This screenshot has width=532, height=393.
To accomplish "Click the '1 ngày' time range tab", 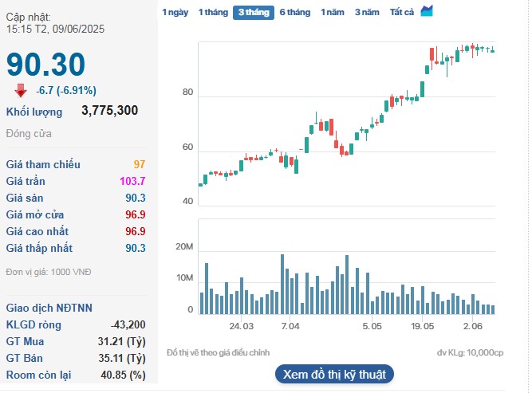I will pos(175,12).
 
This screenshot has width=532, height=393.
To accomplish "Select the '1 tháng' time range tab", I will pos(212,12).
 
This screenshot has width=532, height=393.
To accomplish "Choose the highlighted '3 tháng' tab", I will pos(254,12).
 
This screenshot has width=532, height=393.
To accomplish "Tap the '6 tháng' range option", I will pos(294,12).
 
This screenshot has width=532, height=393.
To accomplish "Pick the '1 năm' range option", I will pos(333,12).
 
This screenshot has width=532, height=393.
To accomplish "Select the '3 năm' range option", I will pos(367,12).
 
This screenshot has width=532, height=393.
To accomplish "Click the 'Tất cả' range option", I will pos(402,12).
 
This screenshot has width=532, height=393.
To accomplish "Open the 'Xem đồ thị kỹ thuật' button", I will pos(334,374).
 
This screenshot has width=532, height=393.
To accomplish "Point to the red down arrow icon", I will pos(21,90).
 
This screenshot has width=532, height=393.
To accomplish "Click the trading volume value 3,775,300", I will pos(109,111).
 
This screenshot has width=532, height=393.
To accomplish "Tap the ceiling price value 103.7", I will pos(132,181).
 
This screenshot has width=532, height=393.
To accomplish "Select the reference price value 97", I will pos(140,164).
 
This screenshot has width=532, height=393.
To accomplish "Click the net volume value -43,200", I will pos(128,324).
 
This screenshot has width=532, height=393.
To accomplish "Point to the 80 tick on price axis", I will pos(188,92).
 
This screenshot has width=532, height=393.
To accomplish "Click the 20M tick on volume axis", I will pos(185,248).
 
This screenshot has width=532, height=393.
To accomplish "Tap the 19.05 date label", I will pos(423,326).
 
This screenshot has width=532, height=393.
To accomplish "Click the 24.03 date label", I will pos(242,326).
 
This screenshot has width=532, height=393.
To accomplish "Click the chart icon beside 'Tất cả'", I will pos(427,10).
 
